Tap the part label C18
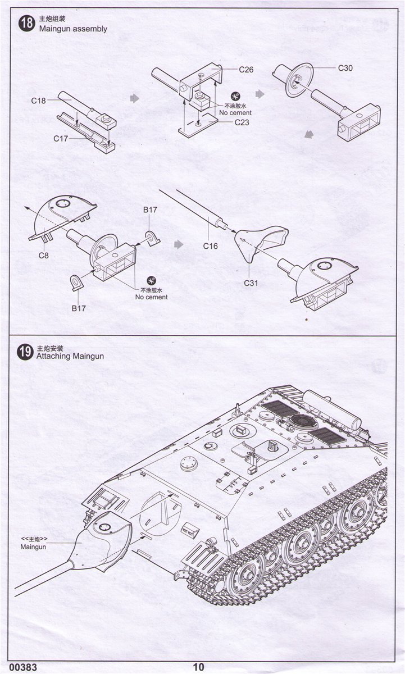(39, 101)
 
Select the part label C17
(61, 138)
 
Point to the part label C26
(246, 70)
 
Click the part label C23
(242, 122)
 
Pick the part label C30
(345, 68)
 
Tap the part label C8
(43, 255)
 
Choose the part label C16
(210, 245)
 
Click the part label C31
(251, 283)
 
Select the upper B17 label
(150, 210)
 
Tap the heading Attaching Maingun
(70, 356)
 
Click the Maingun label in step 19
(33, 547)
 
